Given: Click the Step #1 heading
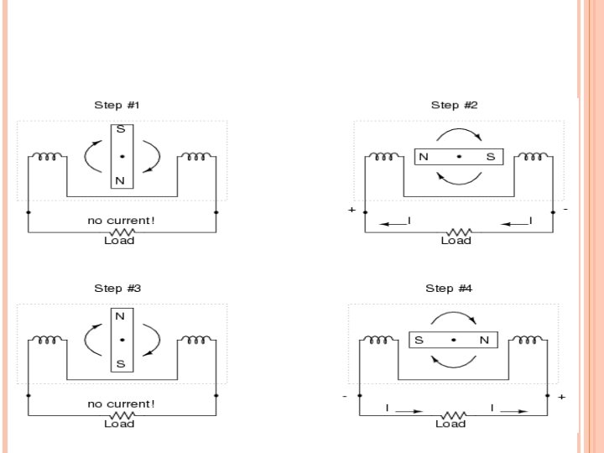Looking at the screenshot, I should coord(117,106).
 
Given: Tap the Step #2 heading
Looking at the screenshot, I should coord(454,106).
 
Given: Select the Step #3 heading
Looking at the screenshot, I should coord(117,289).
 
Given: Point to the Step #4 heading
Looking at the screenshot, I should coord(449,289).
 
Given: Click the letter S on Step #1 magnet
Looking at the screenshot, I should coord(121,131).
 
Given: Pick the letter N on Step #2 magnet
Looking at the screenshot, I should coord(424,157).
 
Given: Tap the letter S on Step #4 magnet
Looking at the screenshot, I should coord(418,340).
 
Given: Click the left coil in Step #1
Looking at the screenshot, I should coord(48,157).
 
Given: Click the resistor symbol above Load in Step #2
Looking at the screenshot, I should coord(456,231).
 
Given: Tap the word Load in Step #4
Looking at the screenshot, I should coord(450,424).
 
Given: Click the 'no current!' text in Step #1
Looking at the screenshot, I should coord(121,221).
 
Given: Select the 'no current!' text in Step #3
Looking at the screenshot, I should coord(121,404).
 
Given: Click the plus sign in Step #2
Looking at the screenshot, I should coord(351,210).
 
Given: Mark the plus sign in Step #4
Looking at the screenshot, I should coord(561,396).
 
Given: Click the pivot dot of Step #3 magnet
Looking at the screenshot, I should coord(122,340).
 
